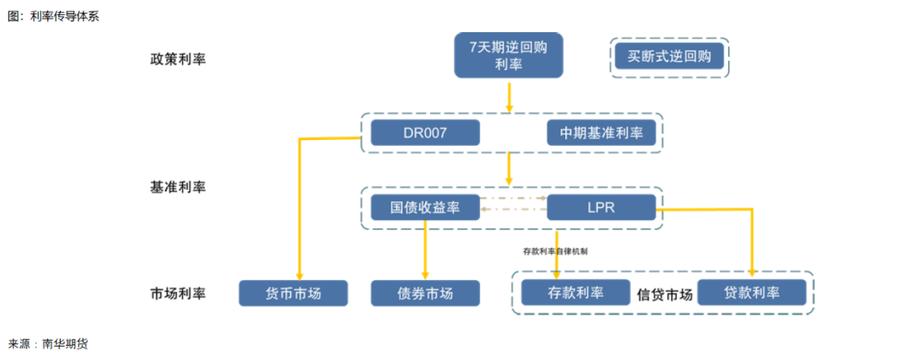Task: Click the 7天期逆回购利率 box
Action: tap(508, 56)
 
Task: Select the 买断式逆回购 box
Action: tap(669, 57)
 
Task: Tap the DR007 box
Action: tap(425, 132)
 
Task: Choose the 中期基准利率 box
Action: tap(601, 132)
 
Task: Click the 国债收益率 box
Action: tap(425, 207)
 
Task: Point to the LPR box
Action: tap(601, 207)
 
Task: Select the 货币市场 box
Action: tap(294, 293)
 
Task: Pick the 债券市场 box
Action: tap(425, 293)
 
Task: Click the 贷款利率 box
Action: tap(752, 293)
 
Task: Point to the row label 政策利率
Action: tap(178, 59)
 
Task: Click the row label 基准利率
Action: tap(178, 187)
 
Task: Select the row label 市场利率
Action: tap(178, 293)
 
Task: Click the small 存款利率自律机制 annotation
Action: tap(555, 250)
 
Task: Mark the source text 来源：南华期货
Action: tap(48, 344)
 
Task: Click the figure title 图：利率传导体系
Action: tap(53, 16)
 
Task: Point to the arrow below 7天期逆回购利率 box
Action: tap(509, 96)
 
